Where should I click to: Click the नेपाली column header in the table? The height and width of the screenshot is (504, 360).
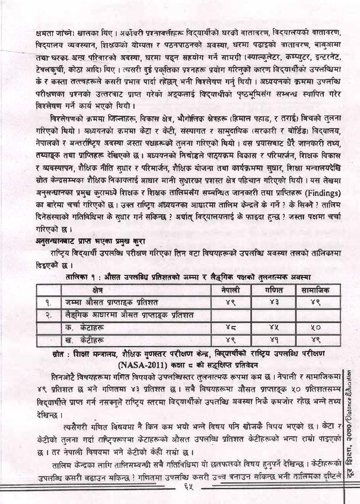coord(228,289)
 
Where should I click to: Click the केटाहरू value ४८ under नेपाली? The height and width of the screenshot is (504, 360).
coord(228,327)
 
